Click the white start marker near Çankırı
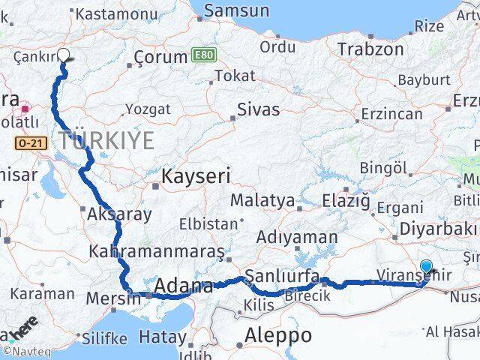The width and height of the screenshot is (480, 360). click(x=63, y=55)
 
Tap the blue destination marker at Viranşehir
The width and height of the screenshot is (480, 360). click(x=426, y=266)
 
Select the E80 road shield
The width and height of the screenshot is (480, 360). click(x=202, y=56)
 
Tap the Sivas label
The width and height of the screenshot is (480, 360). click(x=258, y=109)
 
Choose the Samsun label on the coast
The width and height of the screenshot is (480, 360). click(x=236, y=10)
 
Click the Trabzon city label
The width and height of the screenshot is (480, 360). click(x=370, y=49)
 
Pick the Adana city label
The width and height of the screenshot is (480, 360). click(x=184, y=286)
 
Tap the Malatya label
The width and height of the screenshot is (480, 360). click(x=262, y=201)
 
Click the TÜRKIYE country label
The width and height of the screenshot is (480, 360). click(x=106, y=139)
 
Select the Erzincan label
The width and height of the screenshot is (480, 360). click(x=391, y=114)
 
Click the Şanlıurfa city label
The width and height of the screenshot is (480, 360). click(x=282, y=274)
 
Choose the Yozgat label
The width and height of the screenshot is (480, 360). click(x=148, y=109)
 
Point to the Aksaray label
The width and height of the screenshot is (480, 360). click(x=119, y=214)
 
